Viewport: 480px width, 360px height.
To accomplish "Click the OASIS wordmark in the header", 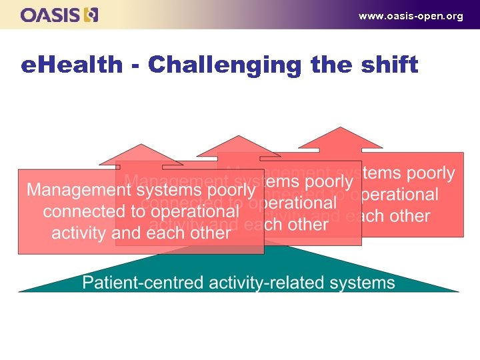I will click(50, 15).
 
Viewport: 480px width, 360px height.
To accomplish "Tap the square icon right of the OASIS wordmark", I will click(91, 15).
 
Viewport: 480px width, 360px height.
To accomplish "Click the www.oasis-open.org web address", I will click(411, 16).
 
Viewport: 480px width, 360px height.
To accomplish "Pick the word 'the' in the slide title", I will click(331, 65).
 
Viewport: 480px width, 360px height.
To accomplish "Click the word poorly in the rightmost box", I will click(431, 174).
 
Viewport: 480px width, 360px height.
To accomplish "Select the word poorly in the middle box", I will click(329, 181).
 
